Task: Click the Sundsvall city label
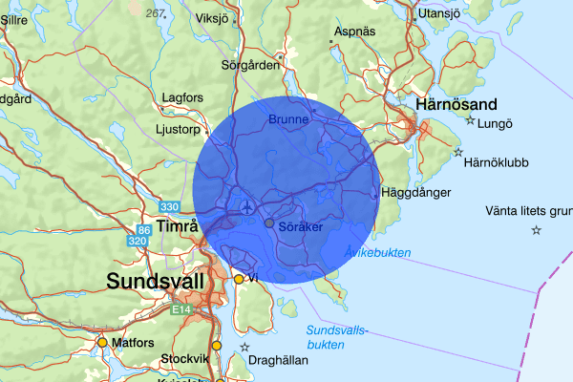pos(157,282)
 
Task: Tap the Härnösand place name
pos(457,104)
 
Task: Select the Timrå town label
pos(176,226)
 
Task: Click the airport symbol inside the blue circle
pos(247,205)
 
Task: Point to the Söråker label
pos(301,227)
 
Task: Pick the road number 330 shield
pos(169,207)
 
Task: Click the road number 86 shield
pos(144,230)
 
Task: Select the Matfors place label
pos(132,341)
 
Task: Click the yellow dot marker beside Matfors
pos(101,341)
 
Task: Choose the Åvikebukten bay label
pos(377,253)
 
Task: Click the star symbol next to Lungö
pos(470,121)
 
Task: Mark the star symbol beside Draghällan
pos(244,347)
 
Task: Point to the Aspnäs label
pos(354,32)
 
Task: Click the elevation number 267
pos(154,13)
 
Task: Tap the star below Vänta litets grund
pos(536,230)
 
